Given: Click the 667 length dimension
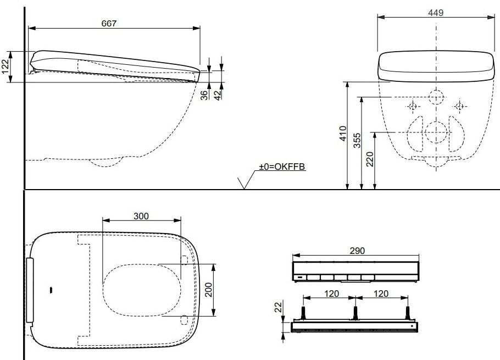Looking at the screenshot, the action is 109,24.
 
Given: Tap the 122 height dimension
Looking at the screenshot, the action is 5,67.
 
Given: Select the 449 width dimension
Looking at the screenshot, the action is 436,13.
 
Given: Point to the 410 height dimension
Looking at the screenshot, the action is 343,134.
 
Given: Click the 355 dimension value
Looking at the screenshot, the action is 357,140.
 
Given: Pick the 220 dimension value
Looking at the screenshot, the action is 370,159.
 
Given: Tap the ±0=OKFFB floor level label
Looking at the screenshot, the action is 282,167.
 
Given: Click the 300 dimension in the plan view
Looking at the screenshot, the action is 141,216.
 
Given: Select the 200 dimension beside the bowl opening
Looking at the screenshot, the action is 208,290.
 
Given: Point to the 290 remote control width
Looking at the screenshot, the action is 357,251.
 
